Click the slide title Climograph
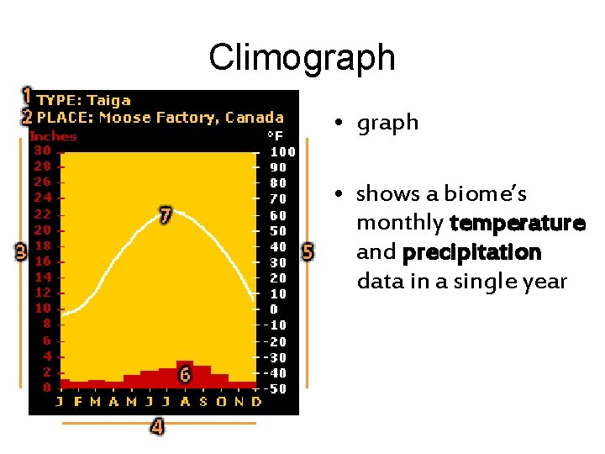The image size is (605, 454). coord(302,57)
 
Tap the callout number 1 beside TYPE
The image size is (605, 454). coord(27,95)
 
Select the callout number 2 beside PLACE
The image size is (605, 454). coord(27,117)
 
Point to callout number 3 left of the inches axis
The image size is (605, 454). coord(21,251)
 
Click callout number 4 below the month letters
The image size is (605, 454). coord(157,427)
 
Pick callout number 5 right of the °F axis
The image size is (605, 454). coord(307,251)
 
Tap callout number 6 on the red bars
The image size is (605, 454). coord(185,376)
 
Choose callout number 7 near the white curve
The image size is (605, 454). coord(166,215)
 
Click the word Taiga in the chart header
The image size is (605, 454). coord(108,101)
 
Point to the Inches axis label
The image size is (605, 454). coord(52,135)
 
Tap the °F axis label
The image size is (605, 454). coord(274,135)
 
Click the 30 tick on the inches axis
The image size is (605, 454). coord(42,150)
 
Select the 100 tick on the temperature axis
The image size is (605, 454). coord(282,152)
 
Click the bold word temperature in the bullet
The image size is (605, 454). coord(517,224)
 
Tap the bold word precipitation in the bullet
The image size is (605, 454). coord(471,252)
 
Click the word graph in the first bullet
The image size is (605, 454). coord(387,123)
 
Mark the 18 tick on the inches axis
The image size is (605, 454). coord(42,245)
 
